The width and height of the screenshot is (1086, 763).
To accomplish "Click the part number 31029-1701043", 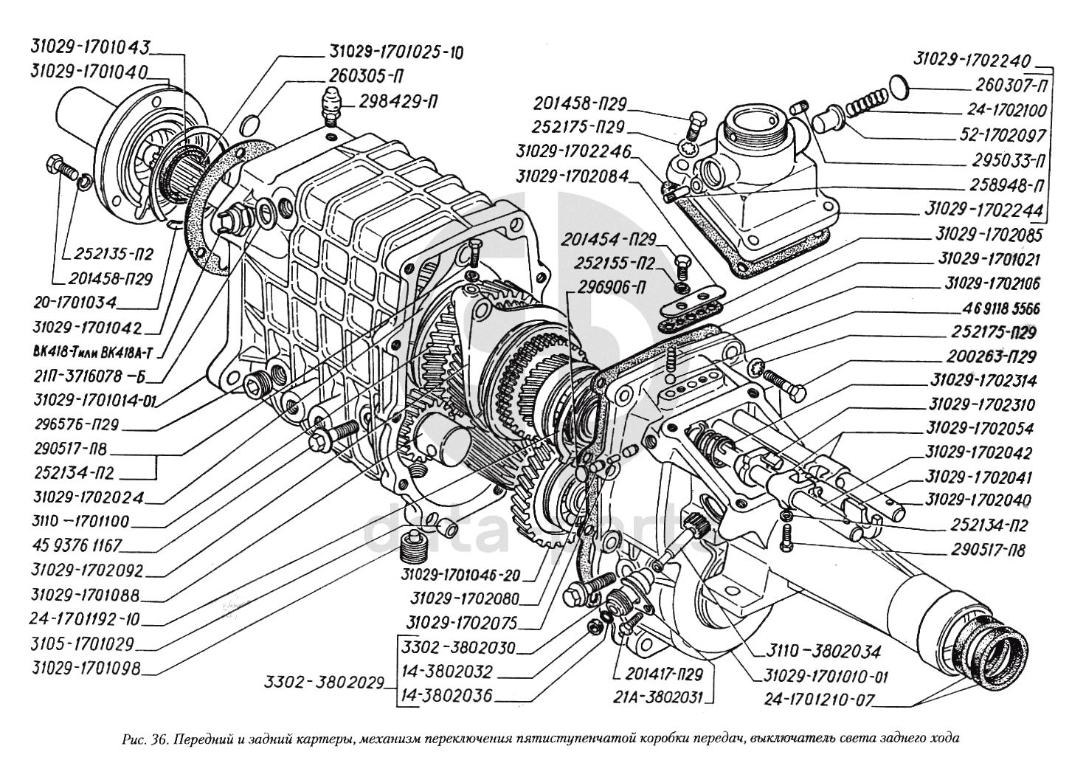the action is point(90,47).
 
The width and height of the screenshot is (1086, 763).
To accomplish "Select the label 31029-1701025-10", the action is point(396,52).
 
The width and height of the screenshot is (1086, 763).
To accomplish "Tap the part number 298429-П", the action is point(399,103).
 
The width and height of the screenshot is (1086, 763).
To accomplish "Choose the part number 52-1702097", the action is point(1003,135).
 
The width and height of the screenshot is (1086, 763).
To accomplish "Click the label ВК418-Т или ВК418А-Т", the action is point(92,353).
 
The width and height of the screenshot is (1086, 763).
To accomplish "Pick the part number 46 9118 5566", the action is point(989,308).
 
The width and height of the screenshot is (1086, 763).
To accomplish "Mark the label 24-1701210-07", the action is point(820,700).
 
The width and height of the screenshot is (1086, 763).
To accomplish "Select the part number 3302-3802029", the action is point(324,683).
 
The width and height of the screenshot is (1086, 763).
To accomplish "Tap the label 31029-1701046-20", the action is point(460,576).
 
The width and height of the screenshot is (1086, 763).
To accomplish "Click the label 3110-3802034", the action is point(823,652).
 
